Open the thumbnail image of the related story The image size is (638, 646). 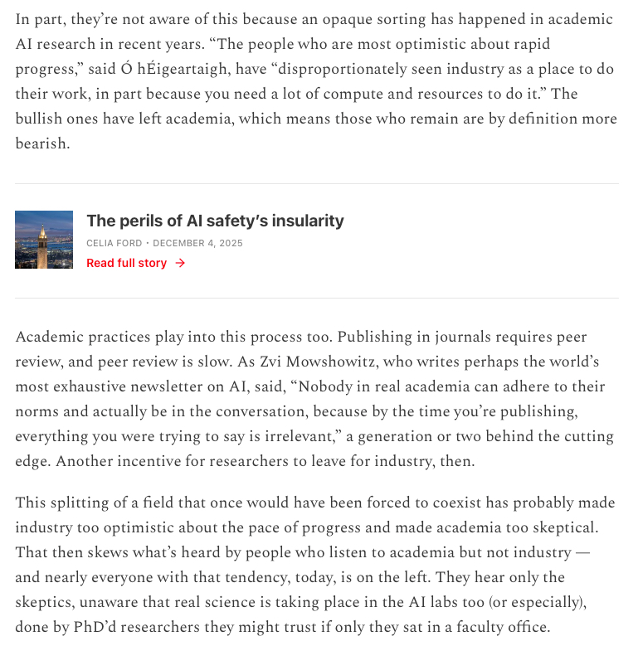[44, 240]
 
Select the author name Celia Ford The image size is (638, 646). [114, 243]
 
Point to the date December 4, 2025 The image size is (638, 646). [197, 243]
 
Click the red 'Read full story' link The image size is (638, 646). [126, 263]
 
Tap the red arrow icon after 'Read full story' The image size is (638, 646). [180, 263]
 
